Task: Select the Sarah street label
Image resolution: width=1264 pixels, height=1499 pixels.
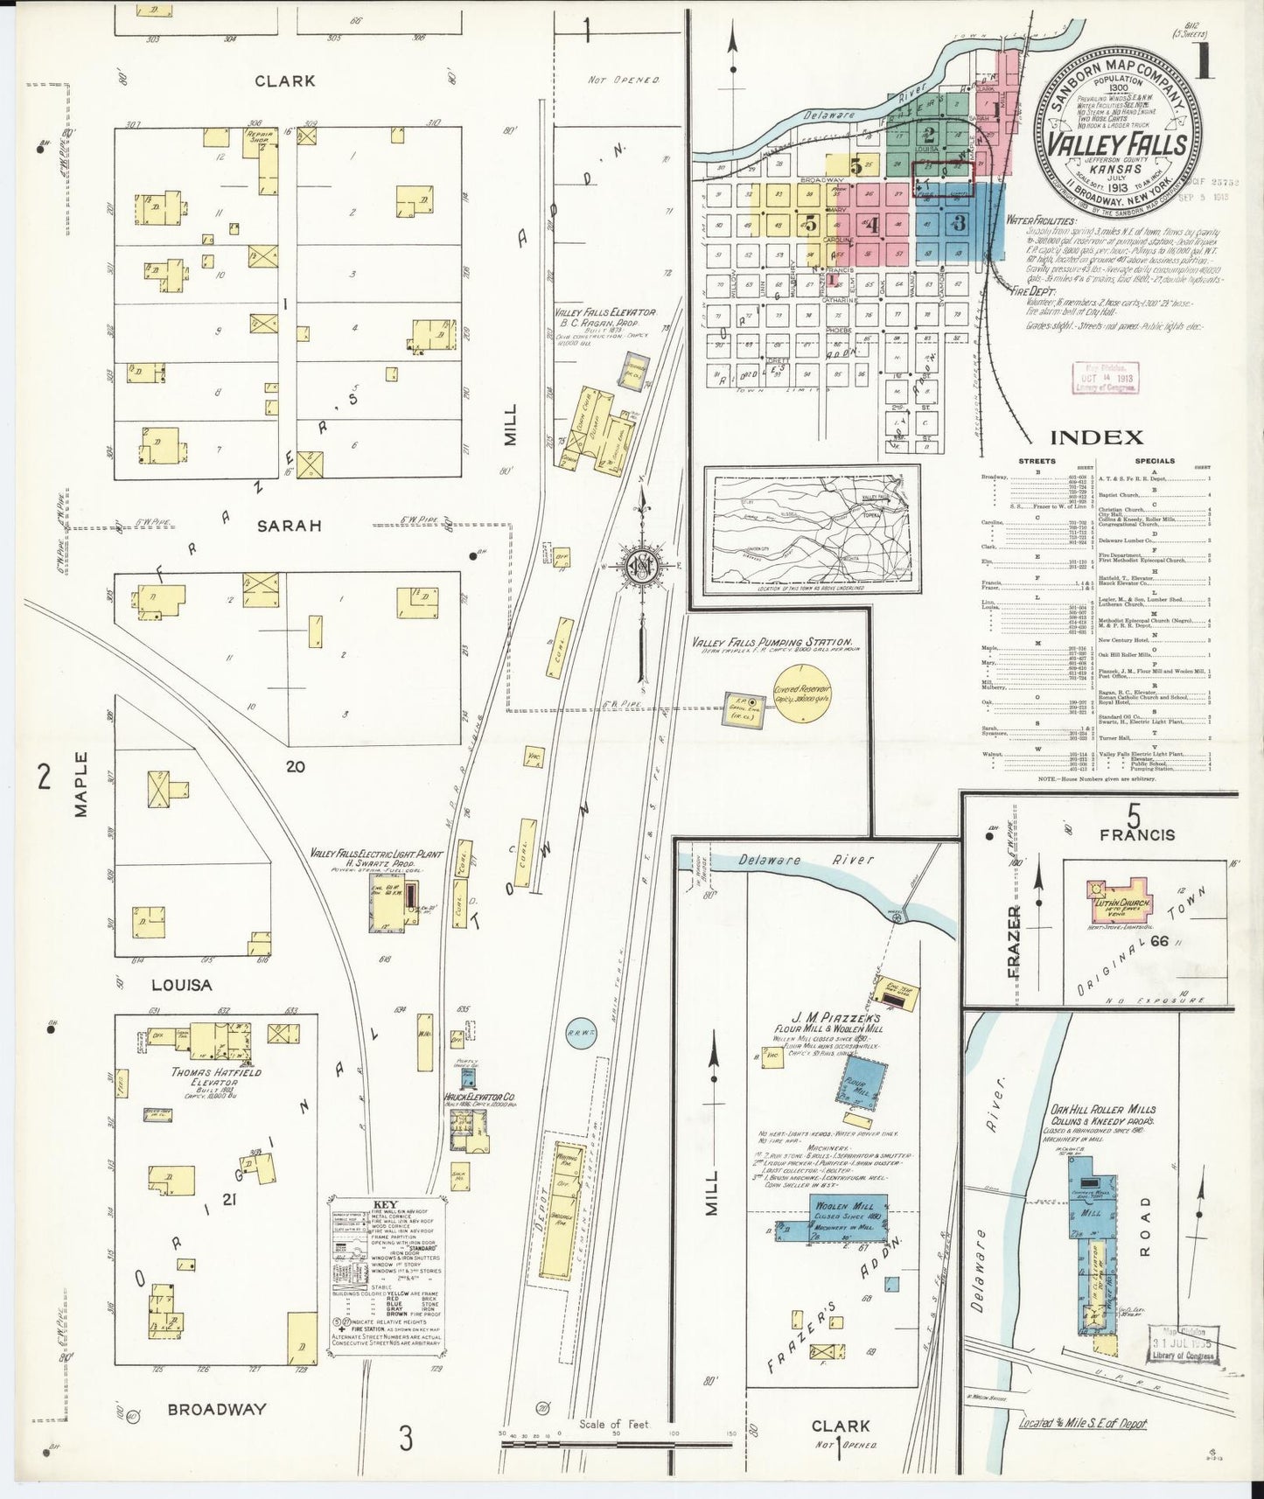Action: tap(289, 526)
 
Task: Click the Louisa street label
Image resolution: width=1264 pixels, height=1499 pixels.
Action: tap(181, 985)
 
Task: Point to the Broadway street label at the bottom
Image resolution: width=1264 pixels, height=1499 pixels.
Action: tap(216, 1409)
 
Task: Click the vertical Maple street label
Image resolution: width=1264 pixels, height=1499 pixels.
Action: tap(81, 784)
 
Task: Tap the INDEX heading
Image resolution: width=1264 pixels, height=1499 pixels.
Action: tap(1096, 438)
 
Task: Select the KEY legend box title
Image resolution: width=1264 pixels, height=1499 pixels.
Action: tap(384, 1203)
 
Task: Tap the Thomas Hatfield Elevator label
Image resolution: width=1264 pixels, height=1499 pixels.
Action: tap(205, 1077)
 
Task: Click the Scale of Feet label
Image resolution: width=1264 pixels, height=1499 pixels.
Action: tap(614, 1424)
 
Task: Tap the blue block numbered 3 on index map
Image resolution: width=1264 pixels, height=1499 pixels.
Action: tap(959, 222)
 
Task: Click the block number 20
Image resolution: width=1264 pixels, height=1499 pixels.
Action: tap(295, 766)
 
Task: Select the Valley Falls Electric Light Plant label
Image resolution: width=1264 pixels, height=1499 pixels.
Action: tap(377, 854)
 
